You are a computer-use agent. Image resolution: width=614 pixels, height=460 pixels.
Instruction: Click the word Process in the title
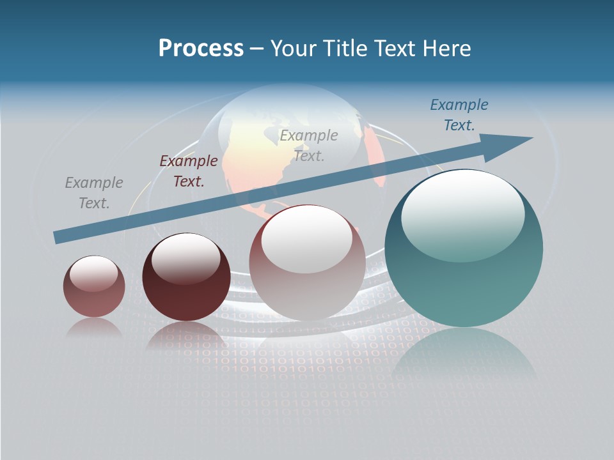pos(201,49)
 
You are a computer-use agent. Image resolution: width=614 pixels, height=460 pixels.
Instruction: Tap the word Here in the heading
pos(446,49)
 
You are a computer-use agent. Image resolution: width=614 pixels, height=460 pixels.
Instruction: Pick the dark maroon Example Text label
pos(189,171)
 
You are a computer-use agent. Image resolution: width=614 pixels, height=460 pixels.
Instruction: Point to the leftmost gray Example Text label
pos(94,193)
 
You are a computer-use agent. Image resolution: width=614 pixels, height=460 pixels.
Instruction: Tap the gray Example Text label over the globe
pos(309,145)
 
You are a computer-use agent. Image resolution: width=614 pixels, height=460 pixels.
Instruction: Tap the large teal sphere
pos(464,281)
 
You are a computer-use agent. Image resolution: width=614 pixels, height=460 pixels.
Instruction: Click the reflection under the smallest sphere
pos(94,327)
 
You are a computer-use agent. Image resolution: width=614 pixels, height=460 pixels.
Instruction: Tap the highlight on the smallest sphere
pos(94,273)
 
